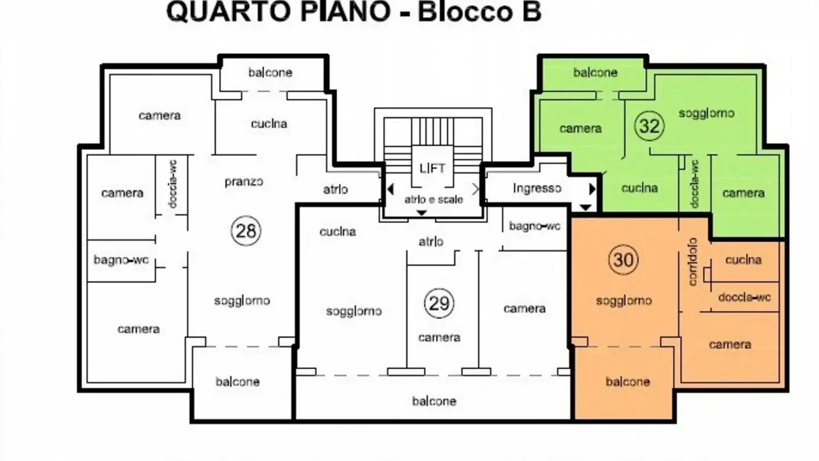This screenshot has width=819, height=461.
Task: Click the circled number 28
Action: [x=246, y=231]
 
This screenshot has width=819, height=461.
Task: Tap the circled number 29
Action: [x=439, y=303]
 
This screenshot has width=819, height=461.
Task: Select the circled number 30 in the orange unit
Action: [x=623, y=260]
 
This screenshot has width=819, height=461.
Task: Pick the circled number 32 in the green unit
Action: [x=649, y=126]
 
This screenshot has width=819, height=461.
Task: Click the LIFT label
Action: [x=432, y=168]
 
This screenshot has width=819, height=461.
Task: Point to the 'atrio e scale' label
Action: [x=433, y=200]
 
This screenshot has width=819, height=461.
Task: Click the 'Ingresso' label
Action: [x=537, y=188]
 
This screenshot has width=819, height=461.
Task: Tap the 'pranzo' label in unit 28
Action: [x=243, y=182]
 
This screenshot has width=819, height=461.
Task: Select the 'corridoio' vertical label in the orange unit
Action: [x=693, y=262]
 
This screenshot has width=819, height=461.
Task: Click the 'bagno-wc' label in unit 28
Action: [x=121, y=260]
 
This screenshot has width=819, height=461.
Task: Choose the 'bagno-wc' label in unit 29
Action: [x=535, y=227]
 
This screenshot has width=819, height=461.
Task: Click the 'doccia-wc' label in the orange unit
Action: [x=744, y=297]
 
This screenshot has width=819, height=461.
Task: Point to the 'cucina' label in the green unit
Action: [x=639, y=188]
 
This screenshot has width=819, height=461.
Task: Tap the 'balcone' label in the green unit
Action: [x=595, y=73]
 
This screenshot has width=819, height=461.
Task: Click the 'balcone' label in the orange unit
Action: [x=627, y=381]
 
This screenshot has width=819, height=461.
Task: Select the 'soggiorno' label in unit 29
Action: [x=354, y=311]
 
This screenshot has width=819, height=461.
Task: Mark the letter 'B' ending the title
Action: [x=530, y=13]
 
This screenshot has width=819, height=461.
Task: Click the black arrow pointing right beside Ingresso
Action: [x=592, y=189]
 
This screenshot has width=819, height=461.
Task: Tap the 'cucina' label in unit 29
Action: [x=337, y=232]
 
